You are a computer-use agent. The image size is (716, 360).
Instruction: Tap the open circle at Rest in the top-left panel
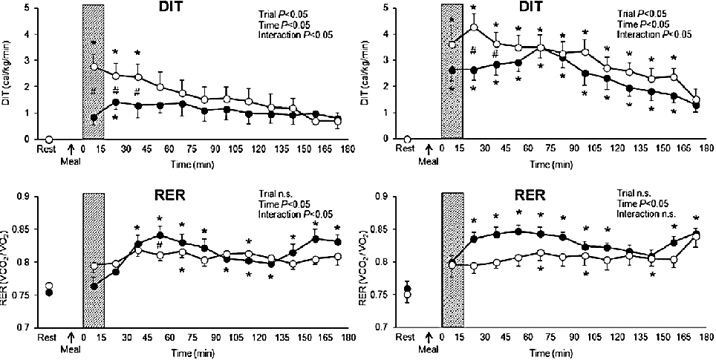pos(49,139)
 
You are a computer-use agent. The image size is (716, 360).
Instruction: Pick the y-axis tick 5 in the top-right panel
pos(388,8)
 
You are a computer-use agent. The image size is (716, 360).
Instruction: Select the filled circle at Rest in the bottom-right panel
pos(408,288)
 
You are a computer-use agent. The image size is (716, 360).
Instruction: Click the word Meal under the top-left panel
pos(72,160)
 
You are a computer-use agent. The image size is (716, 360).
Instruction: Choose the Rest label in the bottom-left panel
pos(48,338)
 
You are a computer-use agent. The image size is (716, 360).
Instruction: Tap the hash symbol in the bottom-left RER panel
pos(160,246)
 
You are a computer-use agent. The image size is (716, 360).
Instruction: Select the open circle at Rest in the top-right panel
pos(408,139)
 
